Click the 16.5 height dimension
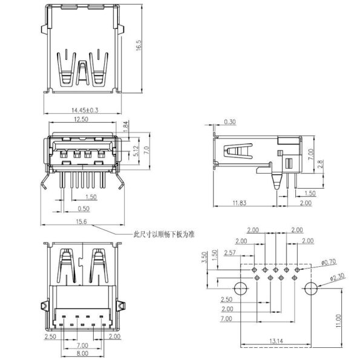click(139, 46)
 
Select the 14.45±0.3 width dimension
click(85, 111)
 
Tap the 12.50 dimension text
click(81, 120)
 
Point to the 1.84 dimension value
click(126, 126)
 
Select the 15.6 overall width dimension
click(80, 222)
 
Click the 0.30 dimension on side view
click(230, 122)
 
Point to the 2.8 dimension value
click(321, 164)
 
